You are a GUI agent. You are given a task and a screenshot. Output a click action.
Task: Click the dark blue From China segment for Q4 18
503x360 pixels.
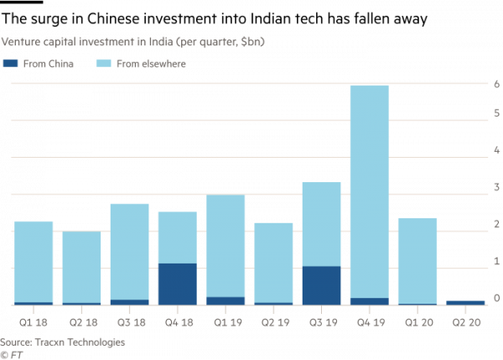(x=177, y=284)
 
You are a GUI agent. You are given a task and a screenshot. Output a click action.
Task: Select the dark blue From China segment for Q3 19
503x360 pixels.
(x=321, y=285)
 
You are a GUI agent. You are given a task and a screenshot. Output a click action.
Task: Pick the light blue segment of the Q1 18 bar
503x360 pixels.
(x=34, y=261)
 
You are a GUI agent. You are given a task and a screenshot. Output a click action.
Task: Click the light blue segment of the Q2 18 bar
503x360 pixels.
(x=81, y=267)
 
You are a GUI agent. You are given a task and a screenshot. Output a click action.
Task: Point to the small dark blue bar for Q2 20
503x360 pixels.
(x=464, y=302)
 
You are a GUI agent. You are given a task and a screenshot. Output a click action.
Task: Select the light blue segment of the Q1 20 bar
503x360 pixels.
(x=417, y=260)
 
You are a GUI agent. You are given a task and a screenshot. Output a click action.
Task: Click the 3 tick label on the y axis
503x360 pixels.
(x=496, y=196)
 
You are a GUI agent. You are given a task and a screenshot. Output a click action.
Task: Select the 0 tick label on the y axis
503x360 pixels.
(x=496, y=299)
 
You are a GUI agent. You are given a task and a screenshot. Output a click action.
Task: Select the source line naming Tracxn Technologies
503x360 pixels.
(x=63, y=342)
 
